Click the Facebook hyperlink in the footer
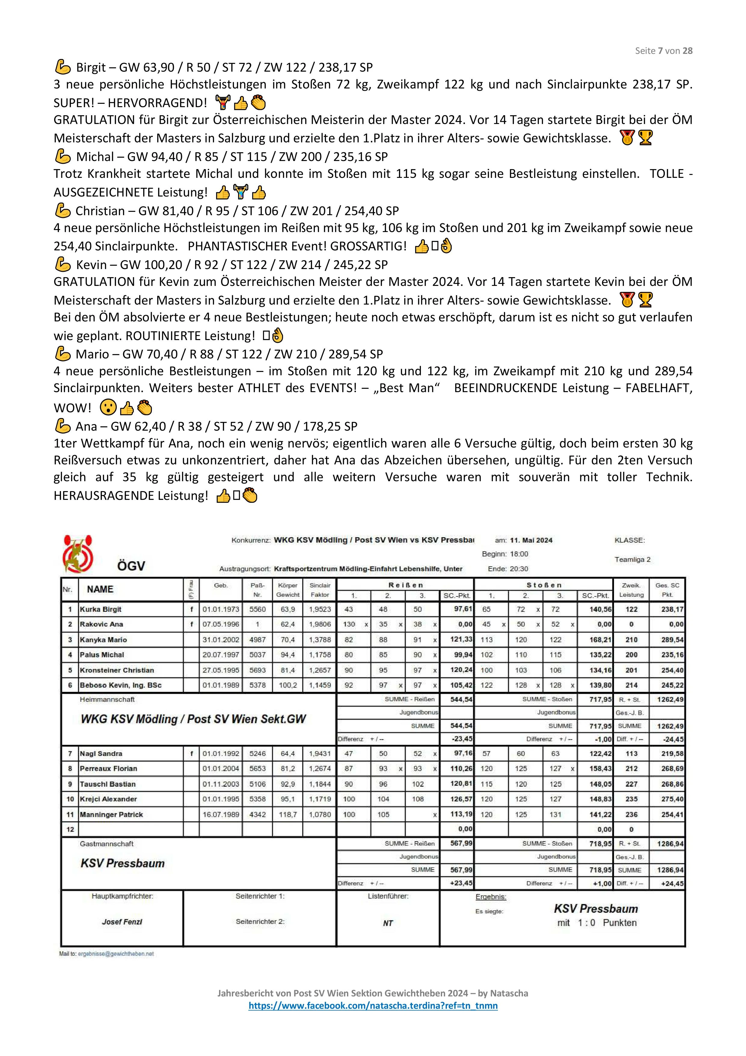tap(373, 1005)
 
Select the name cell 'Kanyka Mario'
tap(103, 640)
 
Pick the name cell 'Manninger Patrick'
tap(111, 815)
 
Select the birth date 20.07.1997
tap(221, 655)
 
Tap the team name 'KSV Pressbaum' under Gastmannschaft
tap(122, 863)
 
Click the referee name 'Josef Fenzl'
tap(122, 922)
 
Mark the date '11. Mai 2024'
tap(531, 540)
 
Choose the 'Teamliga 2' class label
tap(632, 560)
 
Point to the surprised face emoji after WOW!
tap(109, 407)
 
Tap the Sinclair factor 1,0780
tap(320, 815)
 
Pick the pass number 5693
tap(257, 670)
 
